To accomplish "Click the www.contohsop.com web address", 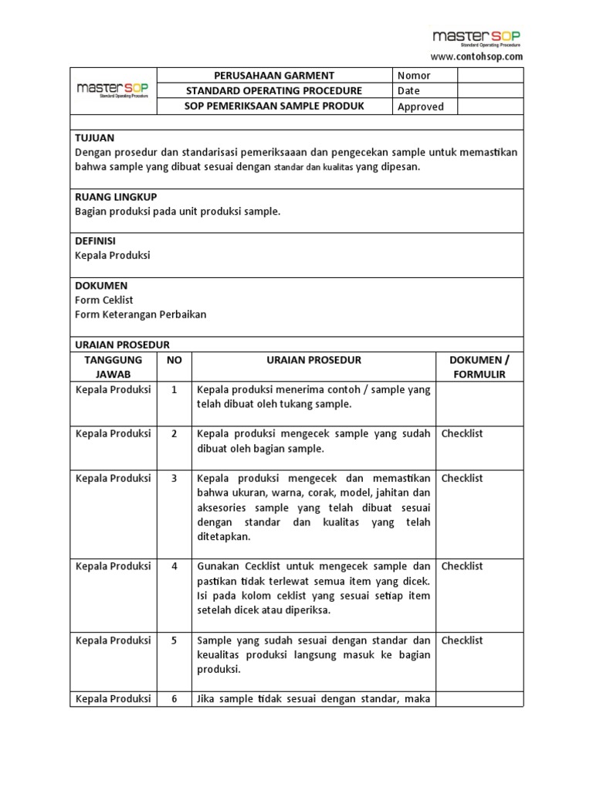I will coord(476,56).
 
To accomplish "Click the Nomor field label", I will coord(414,76).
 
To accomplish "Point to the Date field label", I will coord(408,91).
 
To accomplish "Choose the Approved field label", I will coord(420,107).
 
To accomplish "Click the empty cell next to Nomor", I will coord(490,76).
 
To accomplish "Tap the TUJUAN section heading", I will coord(94,137).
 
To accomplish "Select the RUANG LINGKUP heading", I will coord(115,196).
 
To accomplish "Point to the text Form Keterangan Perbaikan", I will coord(141,314).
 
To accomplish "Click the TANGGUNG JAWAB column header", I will coord(114,367).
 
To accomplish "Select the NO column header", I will coord(175,360).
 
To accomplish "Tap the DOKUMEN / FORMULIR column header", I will coord(479,367).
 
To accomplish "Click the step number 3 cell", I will coord(175,478).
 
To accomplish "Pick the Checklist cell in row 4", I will coord(462,566).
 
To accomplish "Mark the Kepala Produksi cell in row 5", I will coord(114,640).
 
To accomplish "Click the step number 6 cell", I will coord(175,698).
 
